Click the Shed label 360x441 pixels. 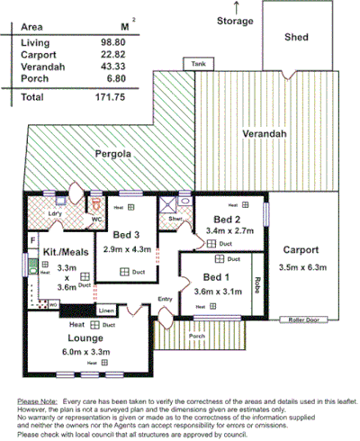pyautogui.click(x=296, y=38)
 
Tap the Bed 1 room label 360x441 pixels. pyautogui.click(x=217, y=277)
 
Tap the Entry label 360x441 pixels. pyautogui.click(x=165, y=299)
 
